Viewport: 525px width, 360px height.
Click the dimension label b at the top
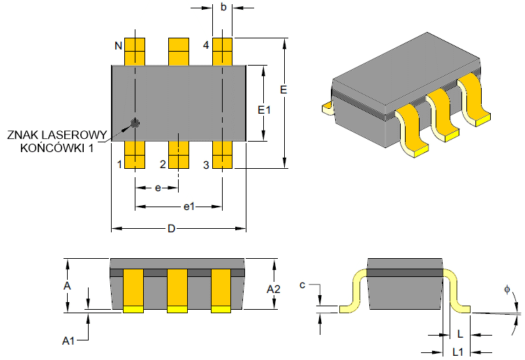click(x=223, y=8)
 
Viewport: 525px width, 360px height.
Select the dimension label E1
click(x=263, y=110)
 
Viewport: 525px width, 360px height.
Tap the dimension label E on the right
click(x=283, y=90)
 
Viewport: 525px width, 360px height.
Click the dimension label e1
click(x=188, y=207)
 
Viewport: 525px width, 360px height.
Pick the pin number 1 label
click(x=119, y=165)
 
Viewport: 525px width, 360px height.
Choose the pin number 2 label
click(x=163, y=165)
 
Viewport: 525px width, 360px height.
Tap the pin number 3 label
click(x=206, y=165)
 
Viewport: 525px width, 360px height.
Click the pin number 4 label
click(x=206, y=45)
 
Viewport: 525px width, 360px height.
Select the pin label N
click(x=119, y=46)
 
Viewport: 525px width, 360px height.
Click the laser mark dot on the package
click(x=135, y=123)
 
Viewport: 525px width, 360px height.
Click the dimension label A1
click(x=68, y=340)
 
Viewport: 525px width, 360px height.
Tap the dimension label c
click(x=302, y=285)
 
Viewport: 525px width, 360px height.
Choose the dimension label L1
click(x=459, y=350)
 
